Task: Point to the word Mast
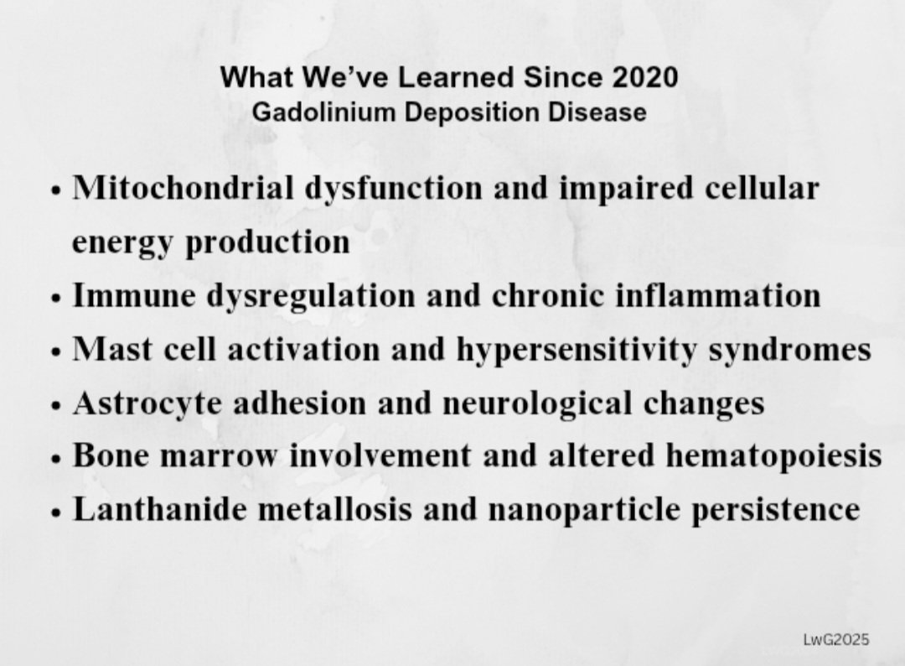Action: coord(104,349)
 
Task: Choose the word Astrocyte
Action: coord(147,403)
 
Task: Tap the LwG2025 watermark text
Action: coord(835,640)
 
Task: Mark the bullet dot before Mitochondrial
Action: coord(56,190)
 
